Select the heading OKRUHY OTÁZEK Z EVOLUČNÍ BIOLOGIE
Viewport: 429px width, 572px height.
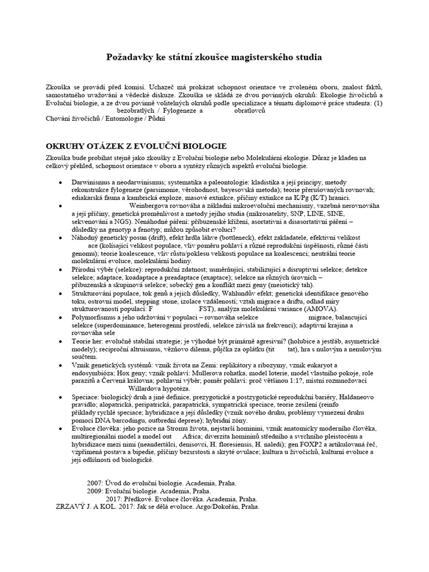click(x=136, y=146)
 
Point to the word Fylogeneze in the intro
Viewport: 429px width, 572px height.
click(x=164, y=111)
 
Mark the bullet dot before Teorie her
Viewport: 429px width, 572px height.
click(x=60, y=340)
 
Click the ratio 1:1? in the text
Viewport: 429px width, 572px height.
click(x=304, y=380)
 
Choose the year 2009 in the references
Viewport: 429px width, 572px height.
click(x=96, y=490)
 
